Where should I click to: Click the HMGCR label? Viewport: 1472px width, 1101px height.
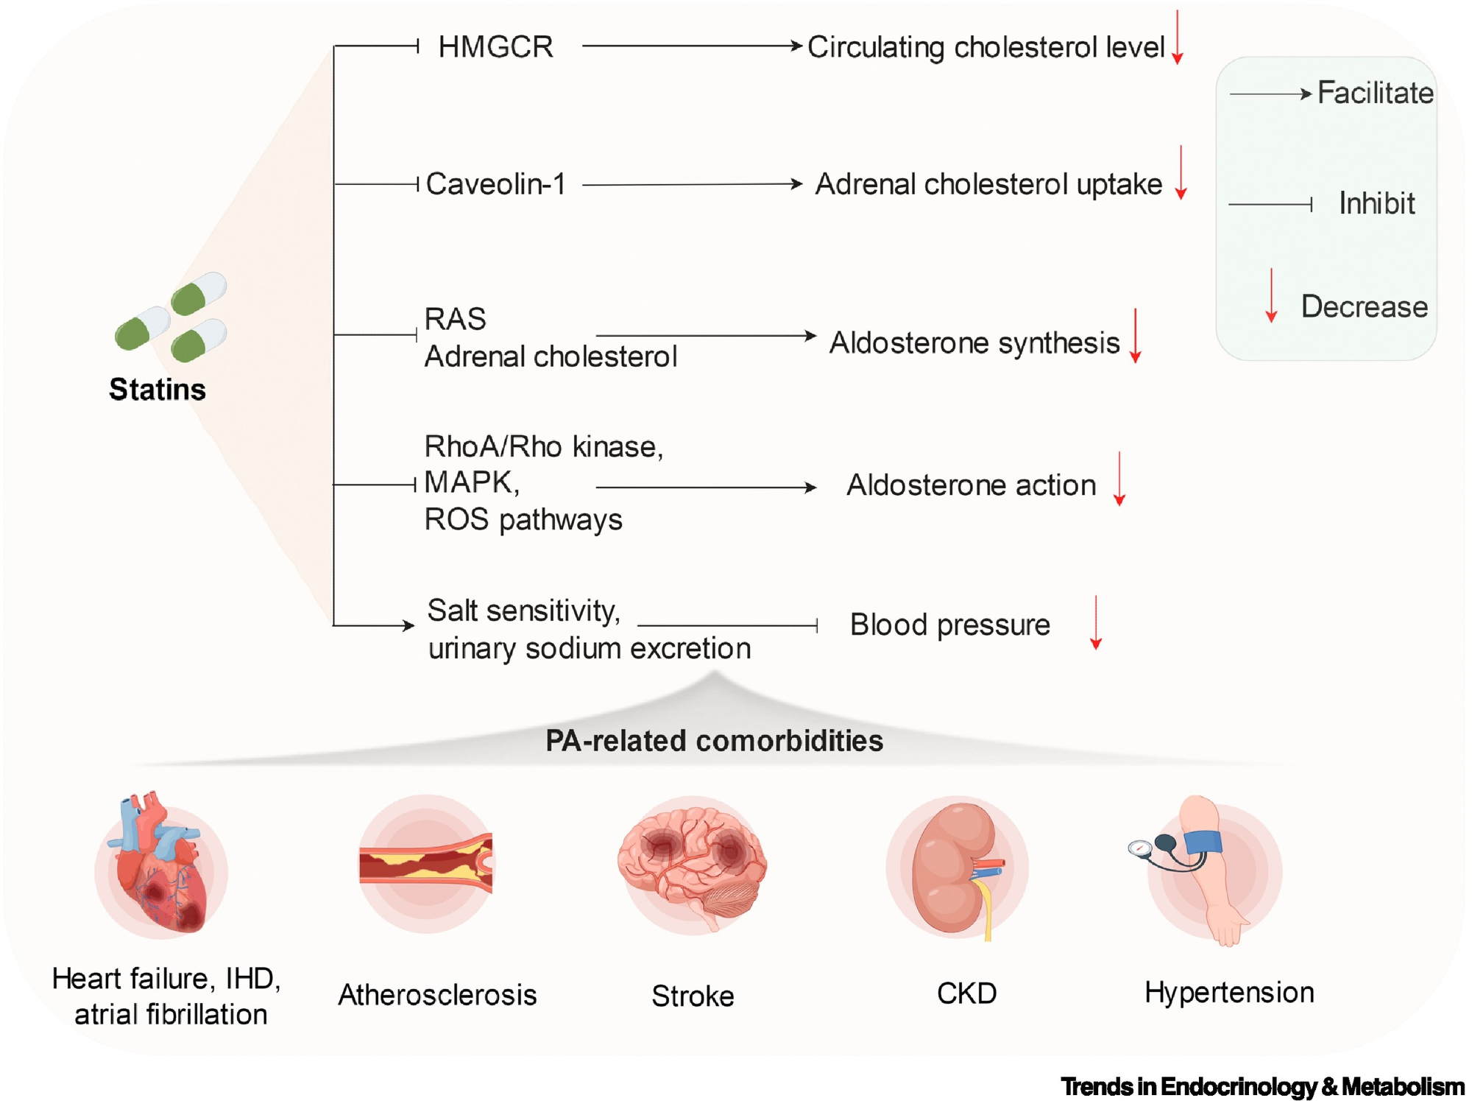(x=495, y=47)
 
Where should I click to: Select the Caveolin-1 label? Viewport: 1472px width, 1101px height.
(x=495, y=184)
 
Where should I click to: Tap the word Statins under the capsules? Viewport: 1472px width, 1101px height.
(x=158, y=390)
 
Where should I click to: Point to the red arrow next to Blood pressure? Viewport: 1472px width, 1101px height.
(x=1096, y=622)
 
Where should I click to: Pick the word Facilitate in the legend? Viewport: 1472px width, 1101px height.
(x=1375, y=94)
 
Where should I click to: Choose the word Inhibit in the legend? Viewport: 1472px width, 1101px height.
(x=1376, y=204)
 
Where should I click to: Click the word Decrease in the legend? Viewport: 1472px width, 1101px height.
(x=1364, y=306)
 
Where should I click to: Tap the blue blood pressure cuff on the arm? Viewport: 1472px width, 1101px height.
(x=1200, y=842)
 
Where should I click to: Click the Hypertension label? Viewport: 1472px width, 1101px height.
(x=1229, y=993)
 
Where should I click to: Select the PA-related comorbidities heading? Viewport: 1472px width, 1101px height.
(x=714, y=741)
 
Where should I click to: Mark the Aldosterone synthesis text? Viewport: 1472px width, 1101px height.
(x=974, y=343)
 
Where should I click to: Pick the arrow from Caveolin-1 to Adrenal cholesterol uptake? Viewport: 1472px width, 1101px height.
(x=692, y=184)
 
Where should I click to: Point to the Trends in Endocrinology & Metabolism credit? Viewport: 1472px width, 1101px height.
(x=1262, y=1086)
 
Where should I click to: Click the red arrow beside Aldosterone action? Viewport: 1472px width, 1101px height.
(x=1119, y=479)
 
